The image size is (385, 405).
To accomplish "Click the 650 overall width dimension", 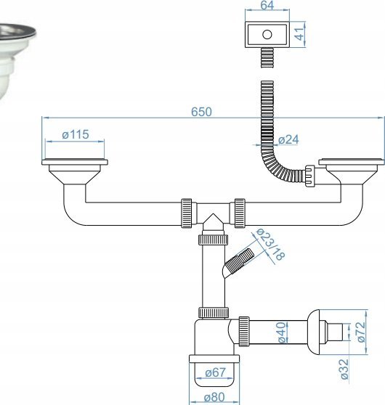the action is tap(201, 112).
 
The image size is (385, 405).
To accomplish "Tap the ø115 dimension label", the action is tap(76, 134).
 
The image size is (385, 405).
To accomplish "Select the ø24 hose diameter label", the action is tap(288, 140).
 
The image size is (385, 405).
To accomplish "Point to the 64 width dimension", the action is tap(267, 5).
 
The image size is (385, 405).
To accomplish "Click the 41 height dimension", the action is tap(300, 34).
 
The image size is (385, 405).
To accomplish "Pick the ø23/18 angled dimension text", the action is tap(270, 244).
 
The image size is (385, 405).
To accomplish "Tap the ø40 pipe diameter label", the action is tap(283, 332).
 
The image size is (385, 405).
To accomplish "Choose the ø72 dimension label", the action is tap(361, 332).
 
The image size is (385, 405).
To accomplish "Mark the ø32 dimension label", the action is tap(344, 369).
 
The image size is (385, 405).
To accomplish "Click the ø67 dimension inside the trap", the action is tap(216, 372).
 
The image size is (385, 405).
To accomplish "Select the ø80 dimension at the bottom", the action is tap(214, 397).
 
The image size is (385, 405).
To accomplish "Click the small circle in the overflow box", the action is tap(267, 34).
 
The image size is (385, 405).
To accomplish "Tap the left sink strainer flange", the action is tap(75, 162).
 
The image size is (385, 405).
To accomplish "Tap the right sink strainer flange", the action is tap(352, 162).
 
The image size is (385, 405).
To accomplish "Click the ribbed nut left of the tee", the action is tap(186, 213).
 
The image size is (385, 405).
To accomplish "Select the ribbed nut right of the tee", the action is tap(240, 213).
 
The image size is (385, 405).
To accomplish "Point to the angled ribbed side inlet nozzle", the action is tap(240, 261).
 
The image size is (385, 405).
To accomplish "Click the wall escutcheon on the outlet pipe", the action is tap(314, 332).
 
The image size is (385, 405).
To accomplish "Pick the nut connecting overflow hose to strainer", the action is tap(310, 176).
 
